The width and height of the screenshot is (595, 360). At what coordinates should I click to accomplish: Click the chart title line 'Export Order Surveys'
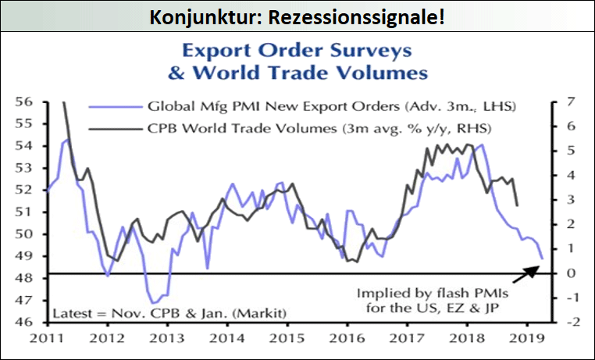(x=297, y=52)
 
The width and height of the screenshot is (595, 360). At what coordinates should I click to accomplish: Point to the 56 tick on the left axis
(x=24, y=102)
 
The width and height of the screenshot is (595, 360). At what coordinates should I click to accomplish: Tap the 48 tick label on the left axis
(x=24, y=278)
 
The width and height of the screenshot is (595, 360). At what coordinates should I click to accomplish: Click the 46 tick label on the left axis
(x=24, y=322)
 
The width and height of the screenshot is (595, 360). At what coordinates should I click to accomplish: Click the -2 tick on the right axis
(x=570, y=322)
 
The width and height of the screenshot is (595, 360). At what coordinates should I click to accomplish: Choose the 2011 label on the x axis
(x=48, y=339)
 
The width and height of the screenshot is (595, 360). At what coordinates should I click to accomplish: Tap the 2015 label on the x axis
(x=287, y=339)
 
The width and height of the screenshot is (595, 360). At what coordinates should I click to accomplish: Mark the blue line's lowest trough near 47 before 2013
(x=154, y=302)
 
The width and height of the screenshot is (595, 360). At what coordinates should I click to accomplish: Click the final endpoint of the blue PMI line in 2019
(x=542, y=258)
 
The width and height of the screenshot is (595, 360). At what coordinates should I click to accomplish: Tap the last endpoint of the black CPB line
(x=518, y=205)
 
